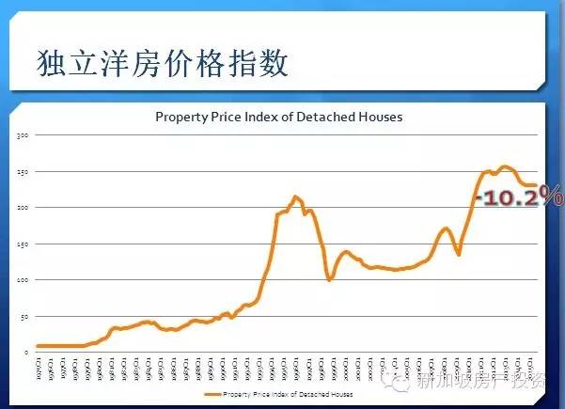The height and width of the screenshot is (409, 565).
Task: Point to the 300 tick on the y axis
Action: (x=25, y=135)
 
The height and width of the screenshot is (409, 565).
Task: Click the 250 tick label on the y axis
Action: (x=25, y=172)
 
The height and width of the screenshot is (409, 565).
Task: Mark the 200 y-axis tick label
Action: (x=25, y=208)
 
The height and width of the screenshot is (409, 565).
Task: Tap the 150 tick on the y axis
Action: (x=25, y=244)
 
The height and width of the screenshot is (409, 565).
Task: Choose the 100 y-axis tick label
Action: (x=25, y=280)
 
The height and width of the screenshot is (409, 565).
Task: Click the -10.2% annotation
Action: (x=519, y=197)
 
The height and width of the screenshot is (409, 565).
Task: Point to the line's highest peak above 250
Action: (x=505, y=167)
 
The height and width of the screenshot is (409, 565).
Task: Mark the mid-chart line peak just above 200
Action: (x=295, y=197)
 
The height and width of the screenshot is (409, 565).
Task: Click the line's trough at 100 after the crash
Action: (x=329, y=279)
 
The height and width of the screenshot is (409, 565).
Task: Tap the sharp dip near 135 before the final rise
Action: (x=459, y=254)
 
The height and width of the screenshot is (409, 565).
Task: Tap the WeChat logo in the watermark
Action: (x=405, y=383)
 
